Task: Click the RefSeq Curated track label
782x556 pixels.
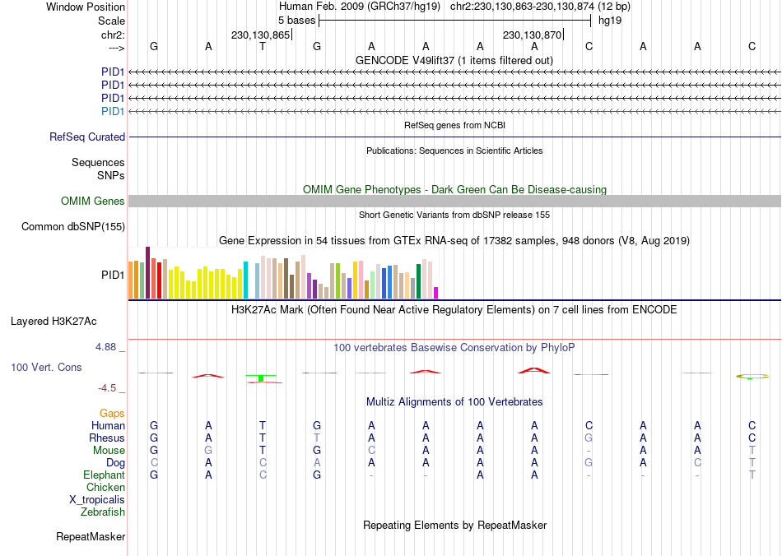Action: [87, 137]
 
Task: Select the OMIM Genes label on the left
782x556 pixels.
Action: [93, 202]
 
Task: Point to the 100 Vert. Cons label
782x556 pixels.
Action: [46, 367]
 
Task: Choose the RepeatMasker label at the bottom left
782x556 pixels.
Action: [91, 537]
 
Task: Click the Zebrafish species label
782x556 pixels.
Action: [103, 512]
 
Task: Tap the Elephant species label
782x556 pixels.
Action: [104, 475]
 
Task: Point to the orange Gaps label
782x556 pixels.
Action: [112, 414]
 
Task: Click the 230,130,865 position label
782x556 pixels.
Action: [261, 35]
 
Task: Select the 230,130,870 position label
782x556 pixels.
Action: [532, 35]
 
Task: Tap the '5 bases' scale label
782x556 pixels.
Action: [296, 20]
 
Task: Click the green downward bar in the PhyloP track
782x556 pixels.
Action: [261, 378]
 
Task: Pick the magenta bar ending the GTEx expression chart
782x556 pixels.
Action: [436, 292]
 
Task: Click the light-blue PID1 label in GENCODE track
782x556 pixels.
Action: [113, 111]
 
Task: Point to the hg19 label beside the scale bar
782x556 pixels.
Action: [610, 20]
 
